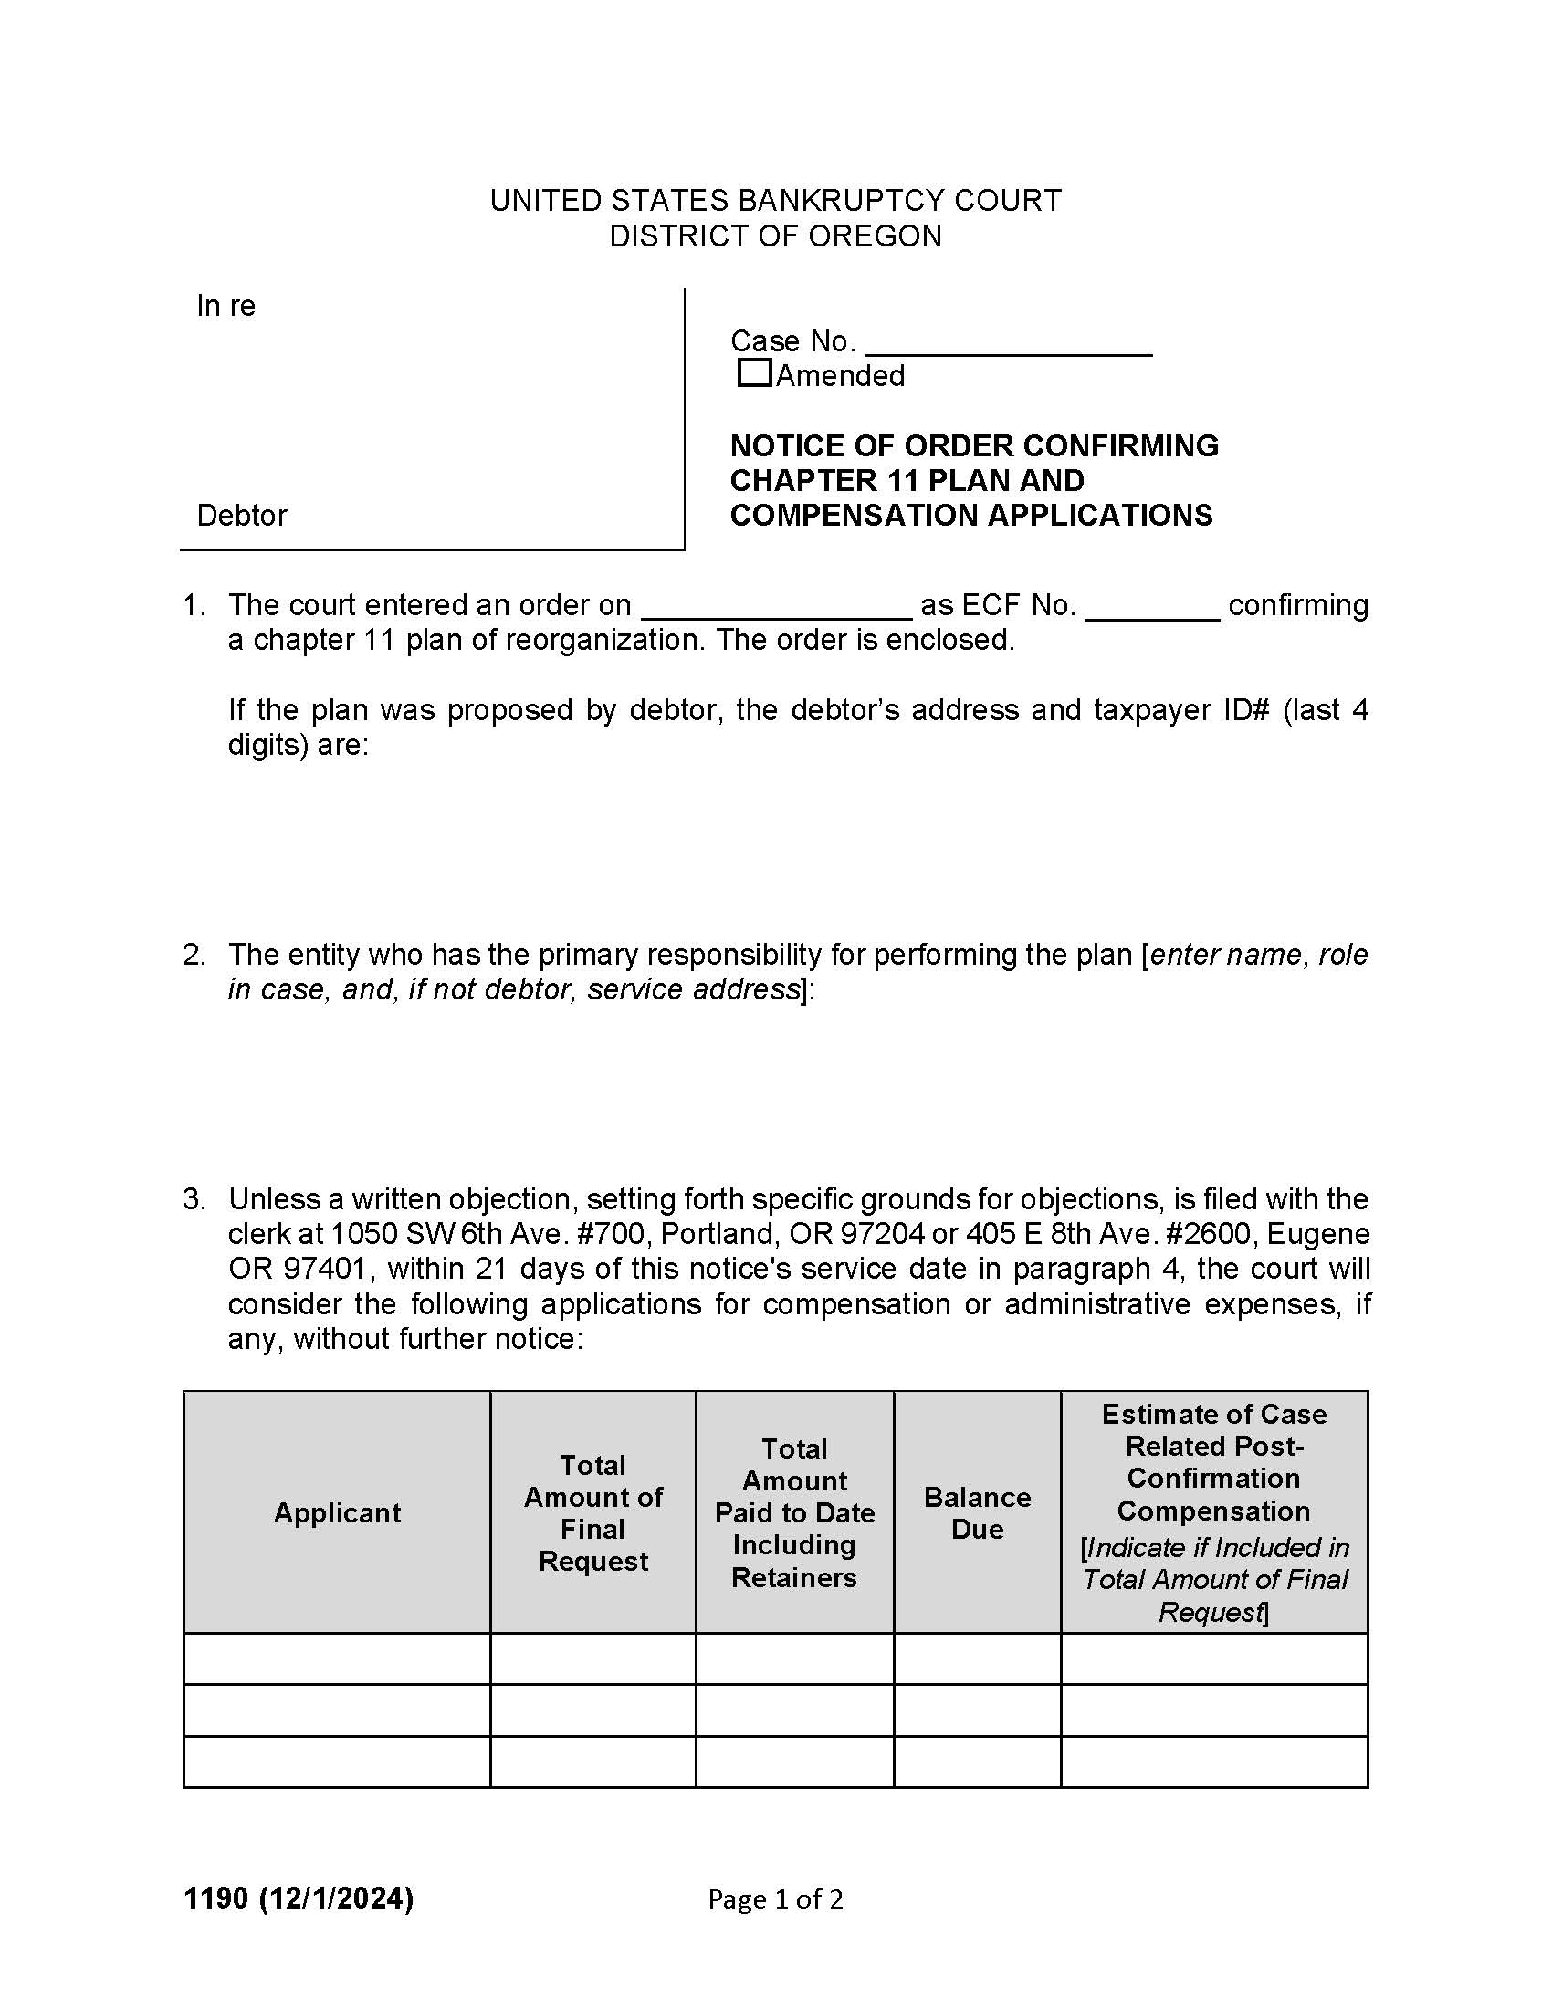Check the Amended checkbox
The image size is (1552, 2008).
754,373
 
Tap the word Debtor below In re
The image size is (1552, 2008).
242,516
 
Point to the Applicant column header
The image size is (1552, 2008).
337,1512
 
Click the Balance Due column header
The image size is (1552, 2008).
977,1512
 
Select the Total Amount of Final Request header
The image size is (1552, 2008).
593,1512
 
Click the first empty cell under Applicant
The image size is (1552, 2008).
337,1658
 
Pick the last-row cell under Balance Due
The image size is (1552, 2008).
977,1762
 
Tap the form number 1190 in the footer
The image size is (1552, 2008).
215,1898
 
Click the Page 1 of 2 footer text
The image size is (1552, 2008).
775,1899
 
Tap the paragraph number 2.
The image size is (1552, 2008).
192,956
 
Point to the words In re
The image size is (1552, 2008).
225,306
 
